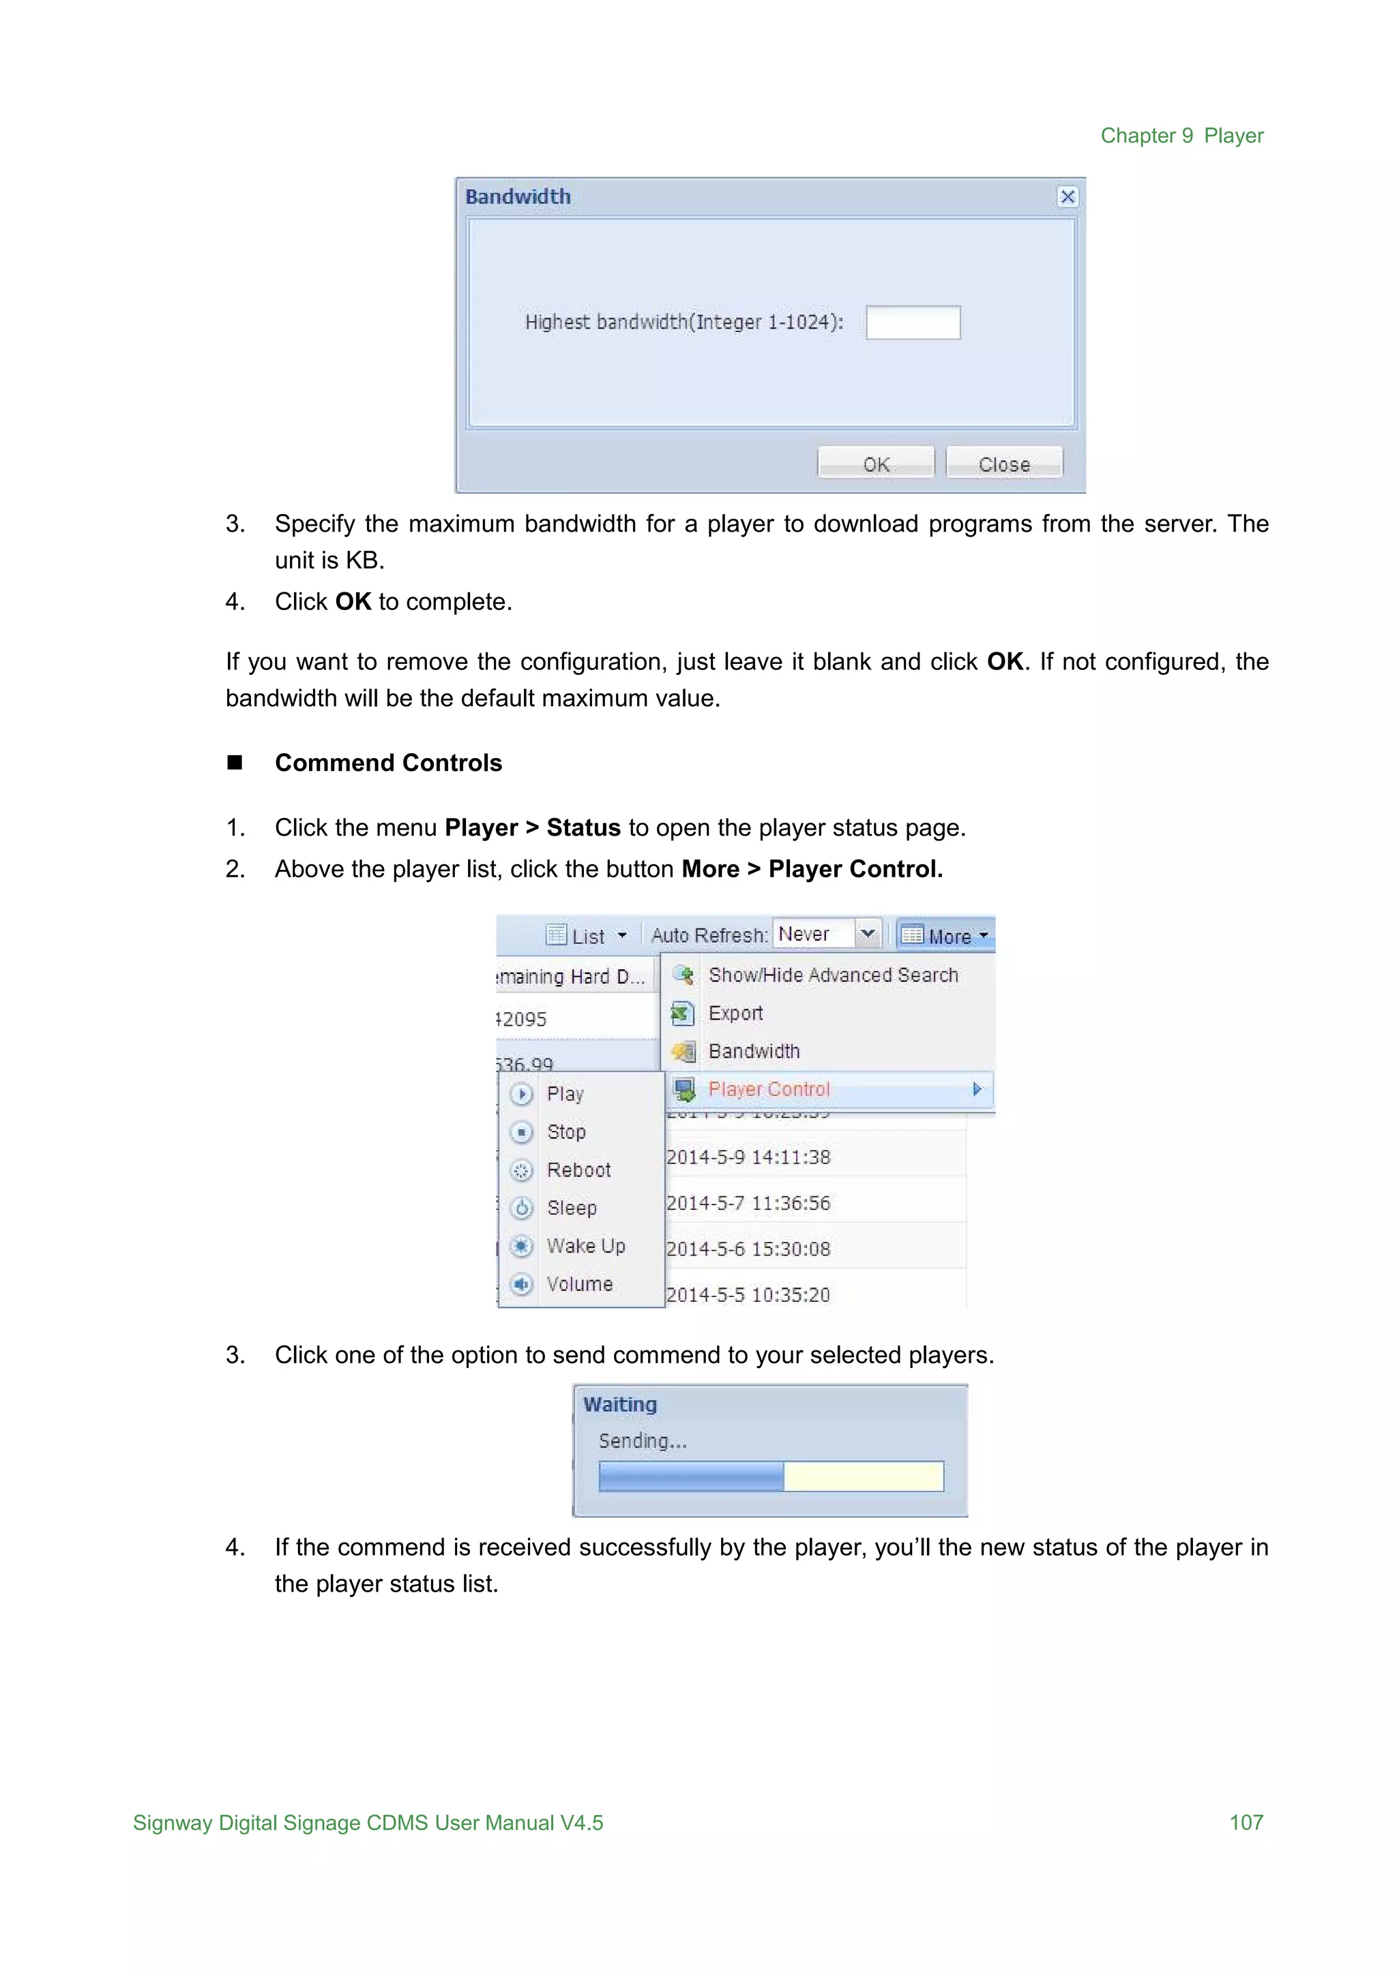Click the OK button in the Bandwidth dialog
876,464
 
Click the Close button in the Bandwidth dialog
1004,464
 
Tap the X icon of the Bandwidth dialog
1068,197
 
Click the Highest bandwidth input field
913,322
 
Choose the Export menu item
735,1013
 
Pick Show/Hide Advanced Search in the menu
833,975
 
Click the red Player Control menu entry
769,1089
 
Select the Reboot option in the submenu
578,1170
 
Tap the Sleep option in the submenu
571,1208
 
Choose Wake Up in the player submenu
586,1246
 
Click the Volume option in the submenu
580,1284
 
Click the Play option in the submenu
565,1093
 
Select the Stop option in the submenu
566,1132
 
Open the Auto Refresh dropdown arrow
868,934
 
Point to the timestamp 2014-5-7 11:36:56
748,1203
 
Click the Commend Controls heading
388,763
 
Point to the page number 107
1246,1822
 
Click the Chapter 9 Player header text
1182,136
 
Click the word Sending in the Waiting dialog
642,1441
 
